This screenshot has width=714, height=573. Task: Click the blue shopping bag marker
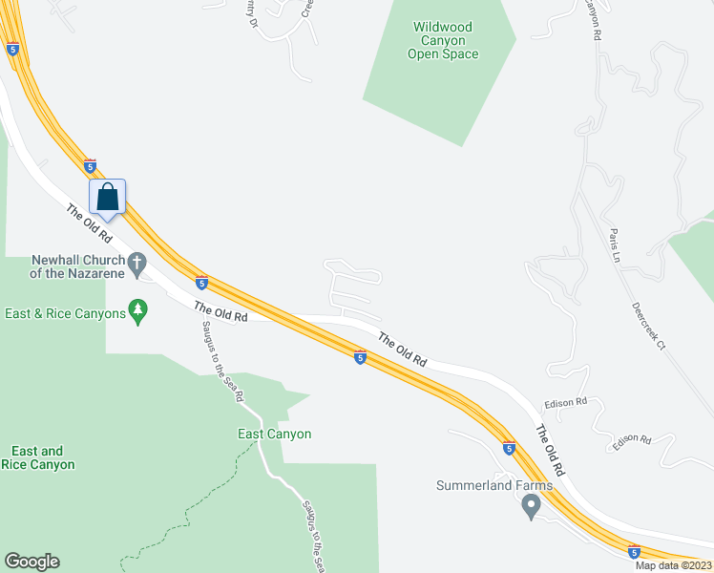(x=108, y=198)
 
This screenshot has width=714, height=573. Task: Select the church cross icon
(x=137, y=262)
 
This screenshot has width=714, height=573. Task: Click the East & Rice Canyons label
(x=65, y=313)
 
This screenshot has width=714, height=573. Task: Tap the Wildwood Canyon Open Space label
(x=443, y=41)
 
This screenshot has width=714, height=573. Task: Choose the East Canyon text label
(x=274, y=434)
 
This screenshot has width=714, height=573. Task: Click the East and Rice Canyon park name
(x=38, y=457)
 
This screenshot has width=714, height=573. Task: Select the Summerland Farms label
(x=493, y=485)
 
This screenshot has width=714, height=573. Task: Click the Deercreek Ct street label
(x=648, y=326)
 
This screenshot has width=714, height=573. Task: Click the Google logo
(x=31, y=562)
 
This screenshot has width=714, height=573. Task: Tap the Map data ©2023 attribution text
(x=673, y=565)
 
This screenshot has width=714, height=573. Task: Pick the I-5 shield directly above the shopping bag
(x=90, y=165)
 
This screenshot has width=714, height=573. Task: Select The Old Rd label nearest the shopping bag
(x=91, y=224)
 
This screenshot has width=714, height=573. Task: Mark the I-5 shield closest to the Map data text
(x=634, y=551)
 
